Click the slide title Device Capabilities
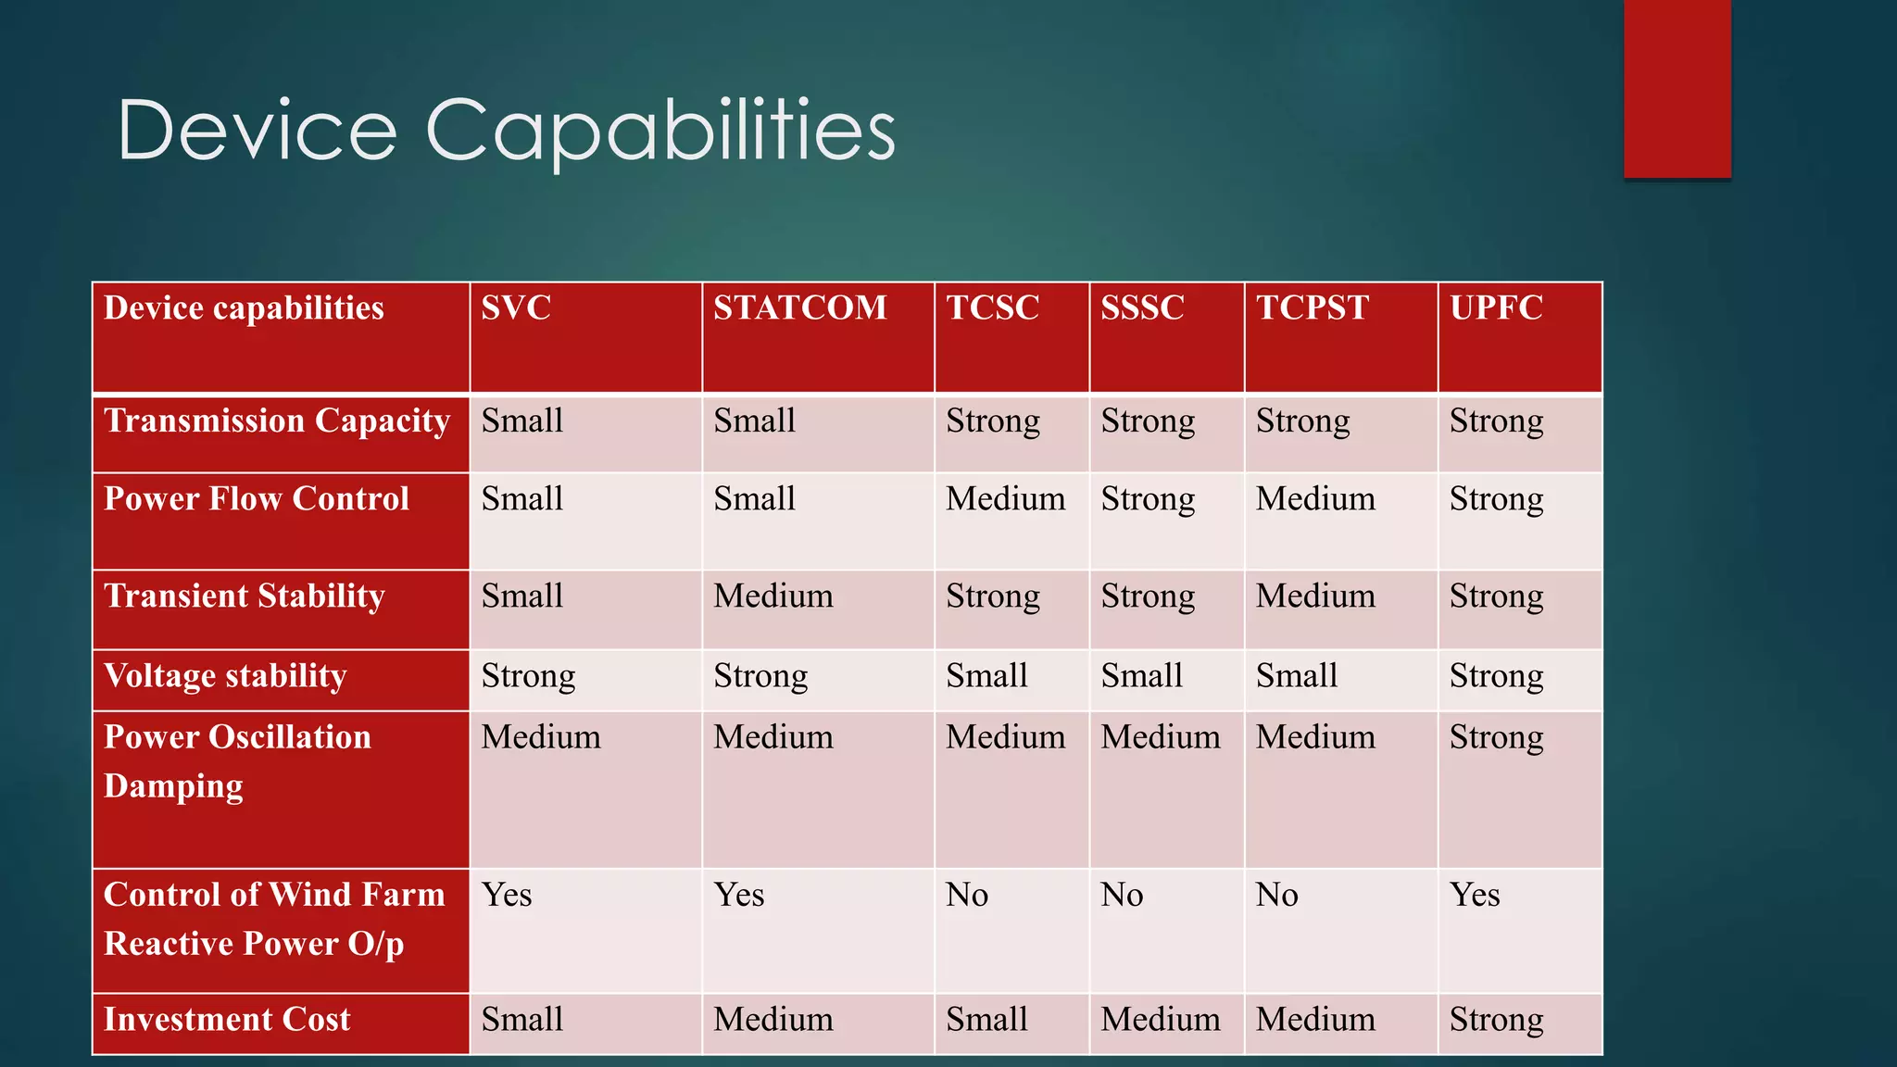coord(506,131)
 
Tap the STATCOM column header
coord(799,308)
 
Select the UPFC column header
coord(1496,308)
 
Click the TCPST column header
coord(1312,308)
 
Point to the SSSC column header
coord(1142,308)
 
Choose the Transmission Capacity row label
coord(276,421)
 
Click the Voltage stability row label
coord(225,676)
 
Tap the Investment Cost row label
coord(227,1020)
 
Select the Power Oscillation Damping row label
coord(237,761)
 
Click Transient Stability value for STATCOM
coord(773,596)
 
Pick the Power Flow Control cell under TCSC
coord(1005,499)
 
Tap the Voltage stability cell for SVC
coord(528,676)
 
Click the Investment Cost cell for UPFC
coord(1496,1020)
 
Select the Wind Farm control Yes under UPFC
coord(1475,896)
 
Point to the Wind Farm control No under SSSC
coord(1122,896)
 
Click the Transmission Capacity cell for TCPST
coord(1302,421)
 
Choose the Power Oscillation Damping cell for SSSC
coord(1160,738)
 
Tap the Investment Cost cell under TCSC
coord(986,1020)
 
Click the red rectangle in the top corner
coord(1677,88)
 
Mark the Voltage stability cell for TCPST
coord(1297,676)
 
